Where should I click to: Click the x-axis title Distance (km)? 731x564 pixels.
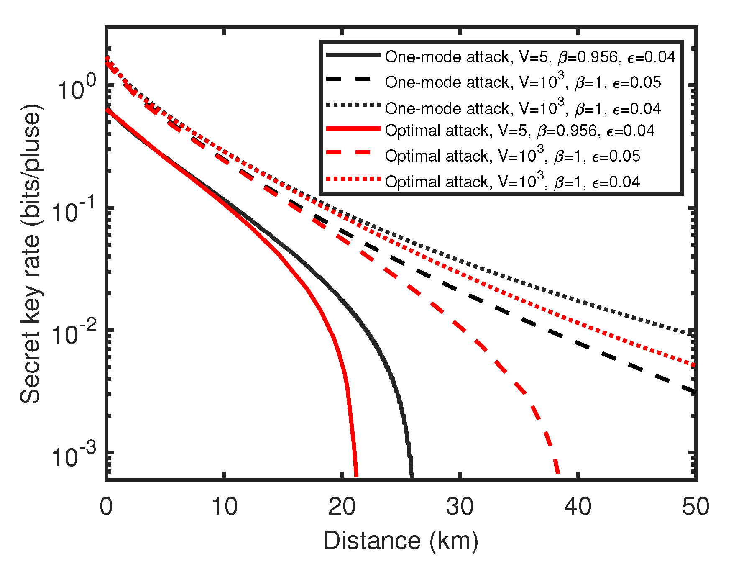click(401, 541)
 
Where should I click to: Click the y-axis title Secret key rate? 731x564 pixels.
click(31, 253)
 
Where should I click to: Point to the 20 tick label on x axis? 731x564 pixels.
click(342, 507)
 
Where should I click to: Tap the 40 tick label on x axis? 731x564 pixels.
click(578, 507)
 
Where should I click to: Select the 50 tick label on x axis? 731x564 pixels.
click(695, 507)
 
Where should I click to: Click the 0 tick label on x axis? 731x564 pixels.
click(106, 507)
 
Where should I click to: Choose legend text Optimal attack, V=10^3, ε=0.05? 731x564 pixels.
click(512, 156)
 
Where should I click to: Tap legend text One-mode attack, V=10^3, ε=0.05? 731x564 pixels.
click(523, 82)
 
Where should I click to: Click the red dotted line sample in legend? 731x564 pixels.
click(353, 179)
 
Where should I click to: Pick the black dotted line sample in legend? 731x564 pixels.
click(353, 105)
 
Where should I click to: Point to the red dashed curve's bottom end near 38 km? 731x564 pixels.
click(557, 473)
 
